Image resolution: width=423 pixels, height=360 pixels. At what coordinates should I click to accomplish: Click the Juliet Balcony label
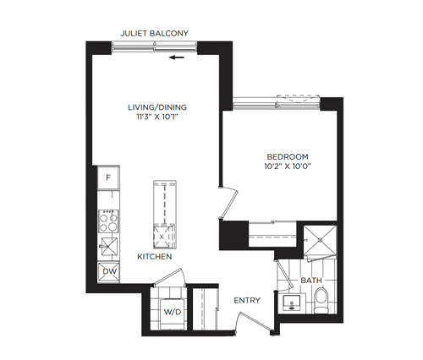click(155, 33)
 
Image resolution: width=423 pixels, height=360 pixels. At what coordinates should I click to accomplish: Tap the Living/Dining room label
click(157, 107)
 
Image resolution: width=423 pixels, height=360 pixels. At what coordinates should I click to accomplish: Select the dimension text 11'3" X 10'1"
click(157, 117)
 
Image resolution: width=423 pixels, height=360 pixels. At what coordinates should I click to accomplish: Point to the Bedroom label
click(288, 156)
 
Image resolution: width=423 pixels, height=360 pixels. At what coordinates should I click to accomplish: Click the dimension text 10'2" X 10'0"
click(288, 166)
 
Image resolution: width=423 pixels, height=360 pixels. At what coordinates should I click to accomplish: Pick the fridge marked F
click(108, 177)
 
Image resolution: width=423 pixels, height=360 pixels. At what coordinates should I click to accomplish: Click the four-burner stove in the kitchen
click(108, 221)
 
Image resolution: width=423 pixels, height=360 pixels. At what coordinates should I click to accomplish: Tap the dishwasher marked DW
click(109, 272)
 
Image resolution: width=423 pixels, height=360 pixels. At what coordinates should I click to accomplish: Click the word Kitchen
click(155, 257)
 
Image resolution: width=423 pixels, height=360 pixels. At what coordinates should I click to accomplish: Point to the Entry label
click(247, 300)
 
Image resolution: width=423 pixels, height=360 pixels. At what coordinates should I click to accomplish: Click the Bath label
click(311, 281)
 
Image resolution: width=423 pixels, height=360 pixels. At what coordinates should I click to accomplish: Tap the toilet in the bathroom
click(321, 300)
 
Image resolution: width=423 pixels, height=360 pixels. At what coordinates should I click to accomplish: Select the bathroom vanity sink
click(292, 303)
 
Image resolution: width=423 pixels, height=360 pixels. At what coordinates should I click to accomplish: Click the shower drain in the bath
click(320, 240)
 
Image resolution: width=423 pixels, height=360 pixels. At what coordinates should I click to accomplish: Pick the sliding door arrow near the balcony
click(177, 57)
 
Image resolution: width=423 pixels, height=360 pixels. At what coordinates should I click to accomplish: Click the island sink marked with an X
click(162, 237)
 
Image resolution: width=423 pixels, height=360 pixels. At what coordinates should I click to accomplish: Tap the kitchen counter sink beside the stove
click(109, 247)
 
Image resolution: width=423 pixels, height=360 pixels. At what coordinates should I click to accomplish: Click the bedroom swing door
click(229, 203)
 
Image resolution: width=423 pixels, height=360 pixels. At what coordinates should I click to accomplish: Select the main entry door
click(253, 322)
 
